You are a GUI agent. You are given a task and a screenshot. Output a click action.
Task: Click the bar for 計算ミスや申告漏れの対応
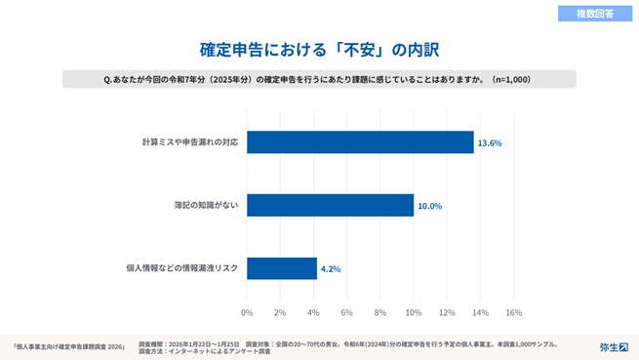click(360, 142)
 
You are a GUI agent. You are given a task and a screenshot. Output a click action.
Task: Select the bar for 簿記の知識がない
click(330, 205)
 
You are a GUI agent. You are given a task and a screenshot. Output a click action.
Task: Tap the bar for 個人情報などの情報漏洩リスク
click(282, 268)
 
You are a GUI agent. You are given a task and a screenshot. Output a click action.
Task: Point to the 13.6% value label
click(489, 143)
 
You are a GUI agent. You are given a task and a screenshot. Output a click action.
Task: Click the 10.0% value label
click(429, 206)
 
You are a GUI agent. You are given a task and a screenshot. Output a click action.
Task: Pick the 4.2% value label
click(331, 269)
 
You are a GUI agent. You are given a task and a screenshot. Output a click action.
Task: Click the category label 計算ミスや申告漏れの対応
click(189, 142)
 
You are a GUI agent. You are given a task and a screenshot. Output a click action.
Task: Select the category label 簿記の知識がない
click(204, 205)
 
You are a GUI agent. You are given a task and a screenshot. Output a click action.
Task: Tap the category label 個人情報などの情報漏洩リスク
click(182, 268)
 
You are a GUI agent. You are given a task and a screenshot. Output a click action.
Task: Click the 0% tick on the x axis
click(247, 312)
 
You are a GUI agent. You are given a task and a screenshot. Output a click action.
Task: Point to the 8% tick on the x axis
click(380, 312)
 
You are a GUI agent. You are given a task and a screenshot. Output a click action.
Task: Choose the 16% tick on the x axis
click(513, 312)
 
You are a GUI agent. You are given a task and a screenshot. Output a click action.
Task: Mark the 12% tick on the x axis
click(447, 312)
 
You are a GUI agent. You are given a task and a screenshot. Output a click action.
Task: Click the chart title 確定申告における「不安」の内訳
click(319, 47)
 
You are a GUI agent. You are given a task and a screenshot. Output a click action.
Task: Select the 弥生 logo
click(613, 346)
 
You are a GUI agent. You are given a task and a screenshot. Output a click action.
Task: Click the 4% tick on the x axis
click(313, 312)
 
